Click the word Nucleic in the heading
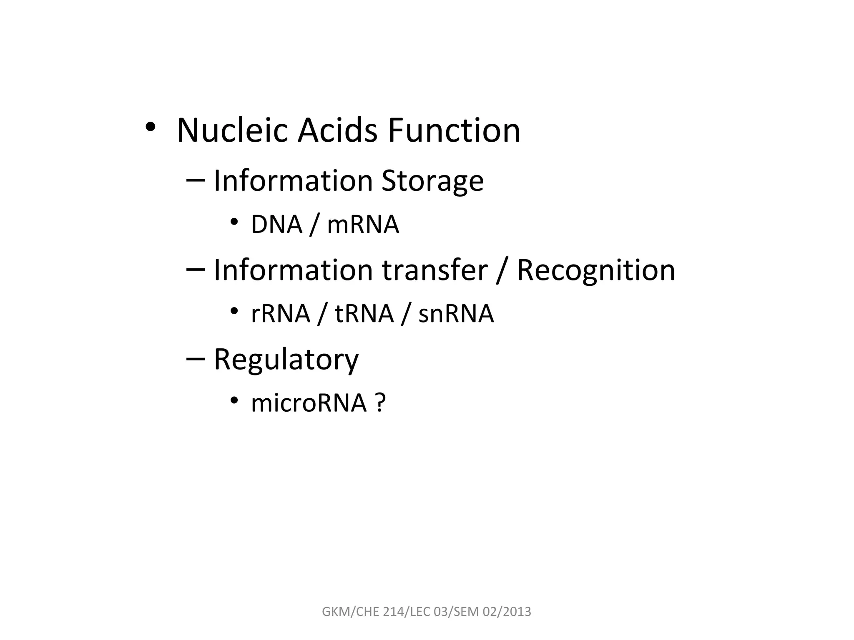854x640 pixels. point(232,130)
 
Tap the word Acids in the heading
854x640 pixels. point(337,130)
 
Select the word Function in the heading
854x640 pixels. point(454,130)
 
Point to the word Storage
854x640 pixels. point(432,182)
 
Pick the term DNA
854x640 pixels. point(276,225)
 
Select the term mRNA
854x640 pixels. point(363,225)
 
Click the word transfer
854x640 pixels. point(435,270)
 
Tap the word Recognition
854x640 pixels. point(595,270)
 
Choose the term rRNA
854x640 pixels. point(281,314)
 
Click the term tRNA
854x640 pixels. point(364,314)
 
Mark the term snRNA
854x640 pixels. point(456,314)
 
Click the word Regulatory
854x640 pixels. point(286,360)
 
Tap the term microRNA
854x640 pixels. point(309,403)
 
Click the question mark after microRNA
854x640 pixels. point(380,403)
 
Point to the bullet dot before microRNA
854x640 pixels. point(234,400)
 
